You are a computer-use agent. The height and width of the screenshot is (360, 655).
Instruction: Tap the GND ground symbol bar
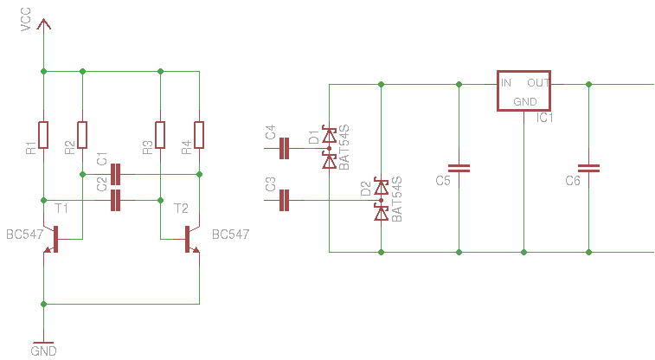[x=43, y=342]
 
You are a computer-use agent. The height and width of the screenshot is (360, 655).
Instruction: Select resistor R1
[x=43, y=135]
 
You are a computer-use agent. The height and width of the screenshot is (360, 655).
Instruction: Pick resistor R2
[x=82, y=135]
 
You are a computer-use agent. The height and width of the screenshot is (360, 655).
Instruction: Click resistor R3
[x=160, y=135]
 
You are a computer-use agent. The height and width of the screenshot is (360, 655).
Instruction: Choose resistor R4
[x=199, y=135]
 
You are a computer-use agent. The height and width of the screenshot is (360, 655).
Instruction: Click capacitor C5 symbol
[x=459, y=168]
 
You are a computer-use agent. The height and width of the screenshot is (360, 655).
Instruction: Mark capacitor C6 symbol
[x=588, y=168]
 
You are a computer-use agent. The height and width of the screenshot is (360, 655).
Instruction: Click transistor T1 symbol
[x=54, y=240]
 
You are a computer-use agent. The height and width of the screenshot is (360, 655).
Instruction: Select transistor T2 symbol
[x=189, y=240]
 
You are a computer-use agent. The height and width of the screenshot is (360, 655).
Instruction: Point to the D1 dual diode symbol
[x=329, y=148]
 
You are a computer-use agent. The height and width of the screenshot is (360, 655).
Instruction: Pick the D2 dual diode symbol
[x=381, y=201]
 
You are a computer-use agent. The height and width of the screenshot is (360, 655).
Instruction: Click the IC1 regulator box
[x=524, y=91]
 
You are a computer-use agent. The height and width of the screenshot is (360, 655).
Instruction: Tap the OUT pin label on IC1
[x=538, y=83]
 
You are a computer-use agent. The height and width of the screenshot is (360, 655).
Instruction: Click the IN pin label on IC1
[x=506, y=83]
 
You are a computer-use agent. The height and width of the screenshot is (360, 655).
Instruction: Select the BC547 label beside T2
[x=230, y=235]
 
